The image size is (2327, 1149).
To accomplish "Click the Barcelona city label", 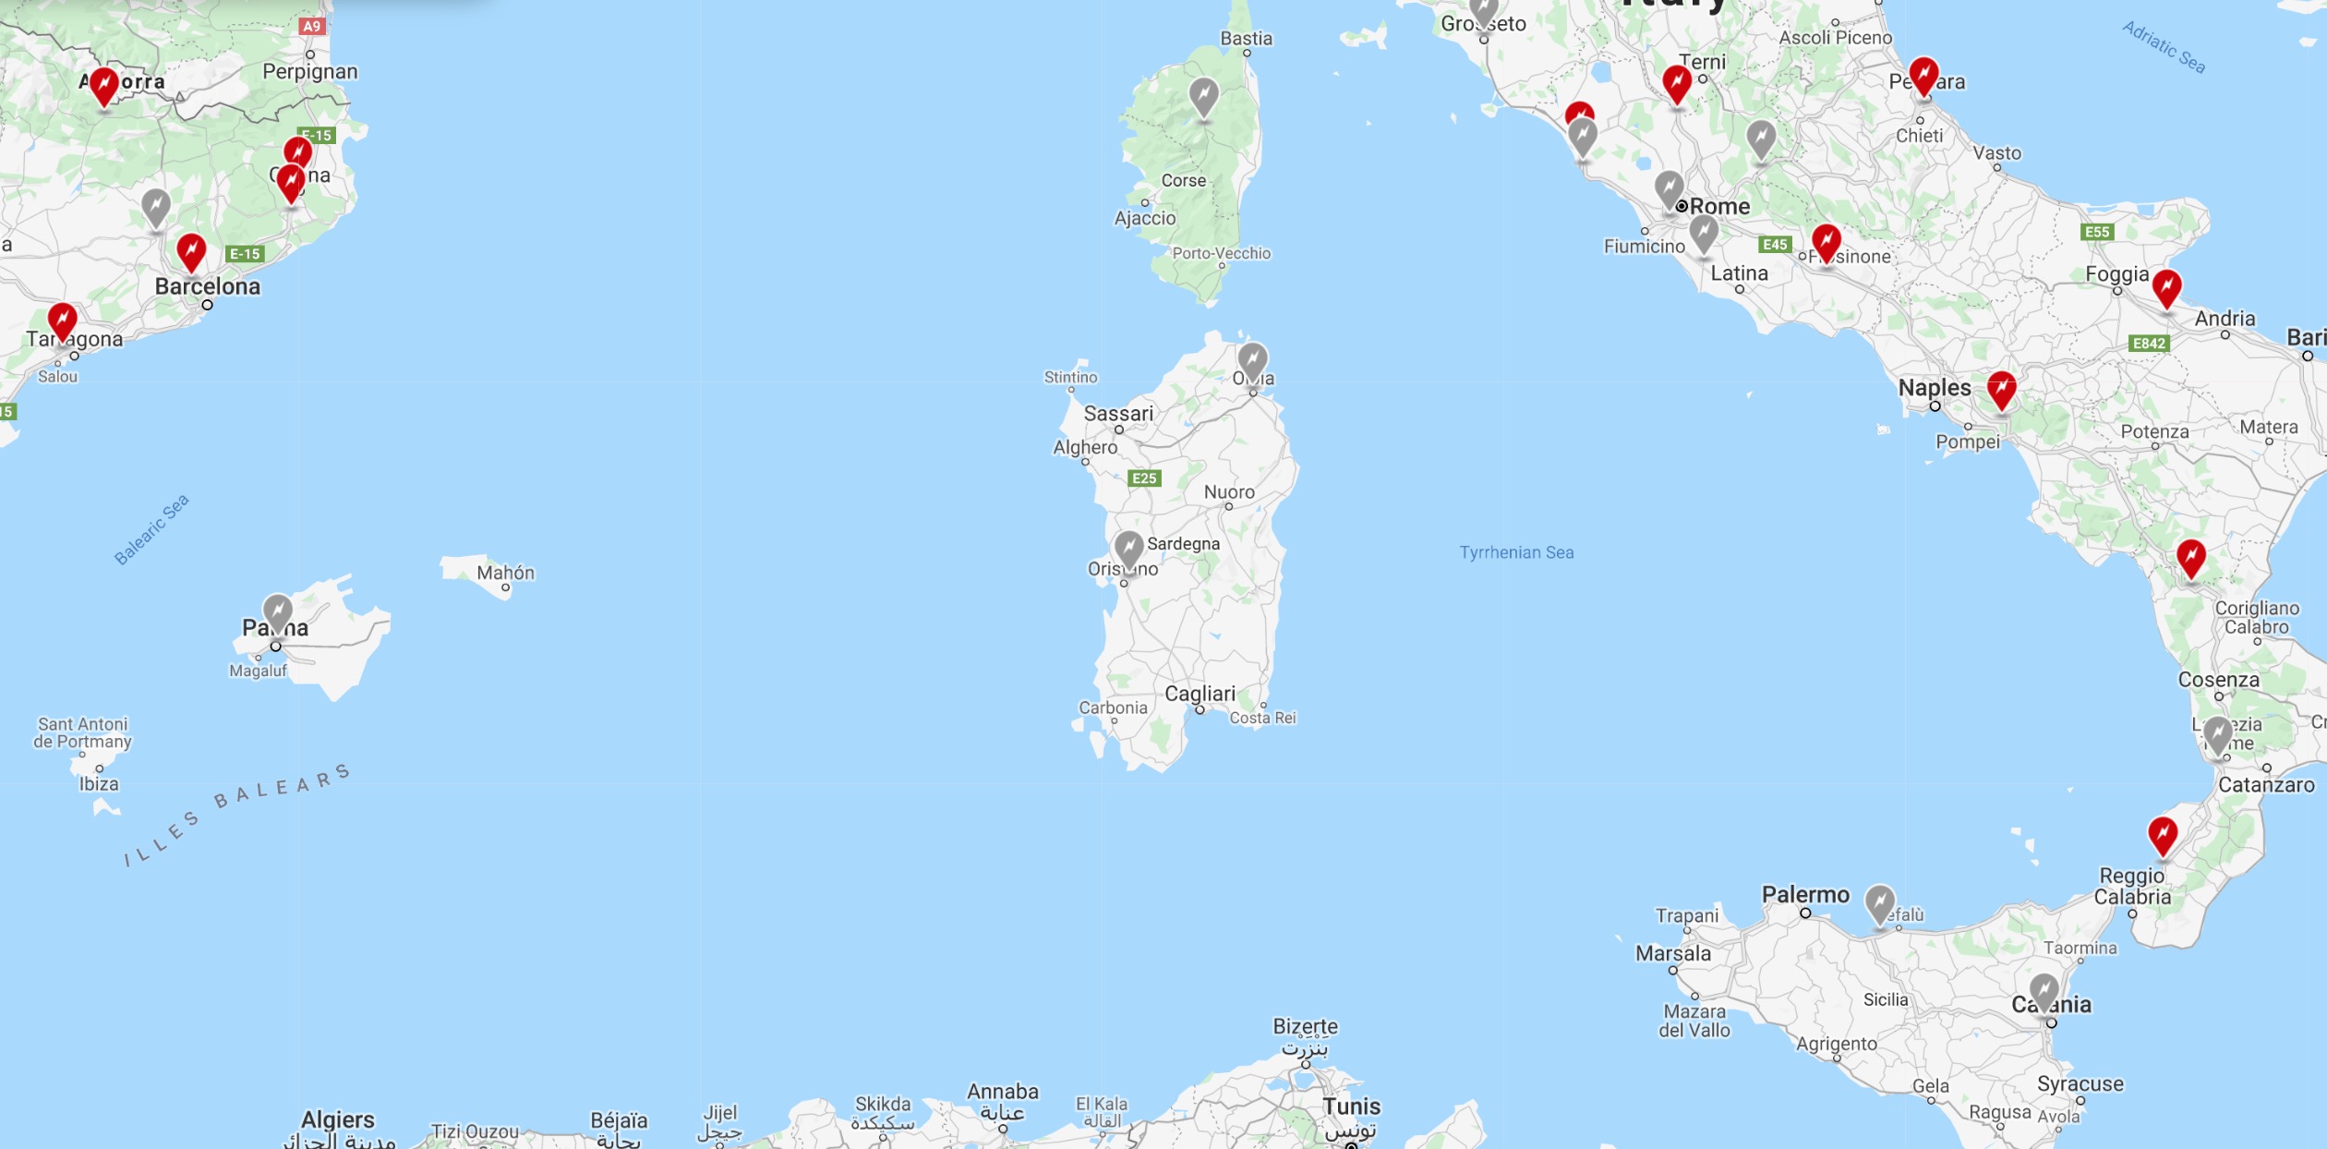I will click(208, 286).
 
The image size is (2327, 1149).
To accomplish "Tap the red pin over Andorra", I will click(104, 86).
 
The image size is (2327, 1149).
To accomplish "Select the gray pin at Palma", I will click(277, 611).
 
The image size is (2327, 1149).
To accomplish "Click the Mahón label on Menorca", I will click(505, 573).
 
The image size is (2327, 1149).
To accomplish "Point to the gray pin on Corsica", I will click(1203, 94).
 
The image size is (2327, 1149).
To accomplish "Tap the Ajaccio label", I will click(1145, 218).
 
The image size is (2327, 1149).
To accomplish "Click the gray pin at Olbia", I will click(1252, 359).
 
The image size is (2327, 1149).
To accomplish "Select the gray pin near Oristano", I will click(1128, 547).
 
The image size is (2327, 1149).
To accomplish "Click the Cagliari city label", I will click(1200, 694).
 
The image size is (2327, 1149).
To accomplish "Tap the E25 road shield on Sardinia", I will click(1144, 478).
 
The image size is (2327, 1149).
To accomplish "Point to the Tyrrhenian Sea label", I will click(1516, 552).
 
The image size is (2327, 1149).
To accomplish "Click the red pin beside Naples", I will click(2001, 389).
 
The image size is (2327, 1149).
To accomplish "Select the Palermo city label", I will click(1805, 894).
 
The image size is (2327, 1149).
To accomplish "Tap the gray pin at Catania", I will click(2044, 990).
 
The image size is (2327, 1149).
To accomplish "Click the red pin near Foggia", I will click(2166, 287).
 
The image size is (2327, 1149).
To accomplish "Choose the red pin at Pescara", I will click(1923, 75).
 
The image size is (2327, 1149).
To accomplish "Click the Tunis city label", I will click(1351, 1107).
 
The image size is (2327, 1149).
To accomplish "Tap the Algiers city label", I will click(338, 1119).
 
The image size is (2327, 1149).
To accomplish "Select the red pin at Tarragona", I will click(63, 321).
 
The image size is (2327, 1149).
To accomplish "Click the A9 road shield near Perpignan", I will click(312, 26).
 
